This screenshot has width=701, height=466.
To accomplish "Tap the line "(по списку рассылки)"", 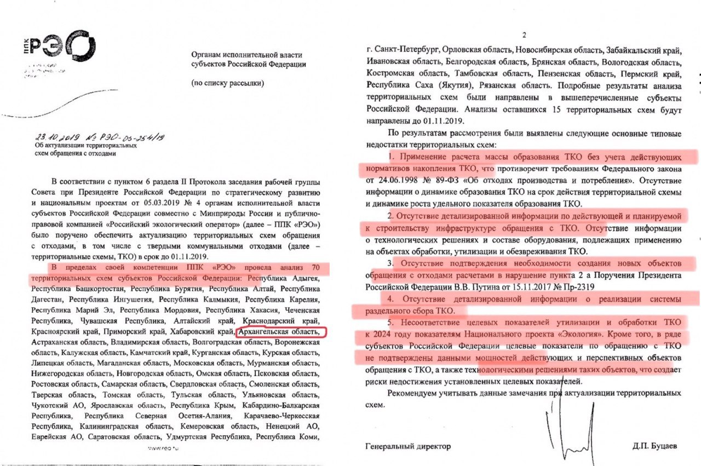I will tap(227, 84).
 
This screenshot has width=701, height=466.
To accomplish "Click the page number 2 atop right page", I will tap(524, 36).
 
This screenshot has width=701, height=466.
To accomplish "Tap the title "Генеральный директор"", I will tap(408, 446).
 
